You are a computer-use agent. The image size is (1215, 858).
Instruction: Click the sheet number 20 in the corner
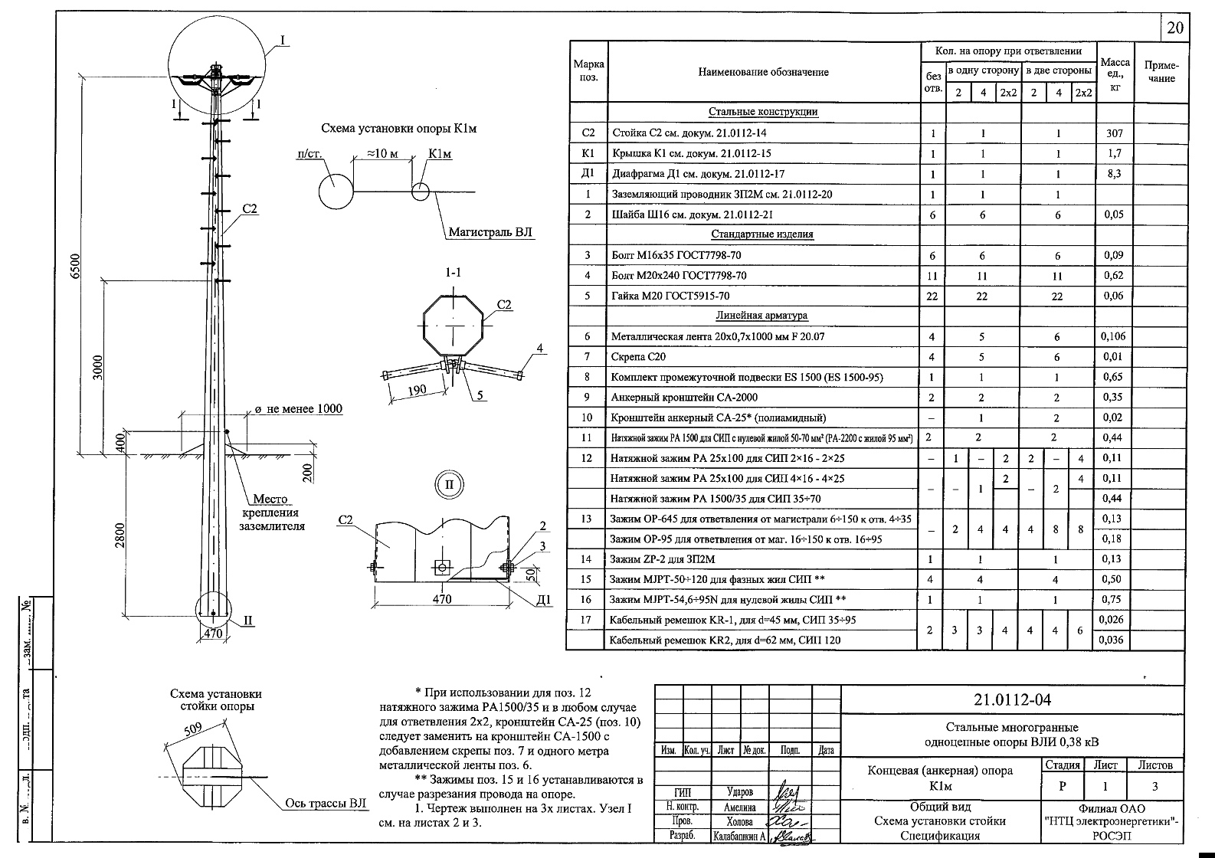[1174, 29]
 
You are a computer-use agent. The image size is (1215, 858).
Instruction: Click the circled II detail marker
[450, 484]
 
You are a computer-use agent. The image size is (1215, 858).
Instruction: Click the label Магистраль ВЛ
[490, 232]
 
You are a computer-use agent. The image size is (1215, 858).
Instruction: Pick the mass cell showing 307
[1114, 133]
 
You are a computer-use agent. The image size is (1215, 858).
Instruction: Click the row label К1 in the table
[588, 153]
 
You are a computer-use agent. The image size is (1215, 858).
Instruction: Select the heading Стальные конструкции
[763, 112]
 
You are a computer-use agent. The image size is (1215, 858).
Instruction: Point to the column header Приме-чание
[1161, 71]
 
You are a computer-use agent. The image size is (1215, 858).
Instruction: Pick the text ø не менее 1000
[299, 410]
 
